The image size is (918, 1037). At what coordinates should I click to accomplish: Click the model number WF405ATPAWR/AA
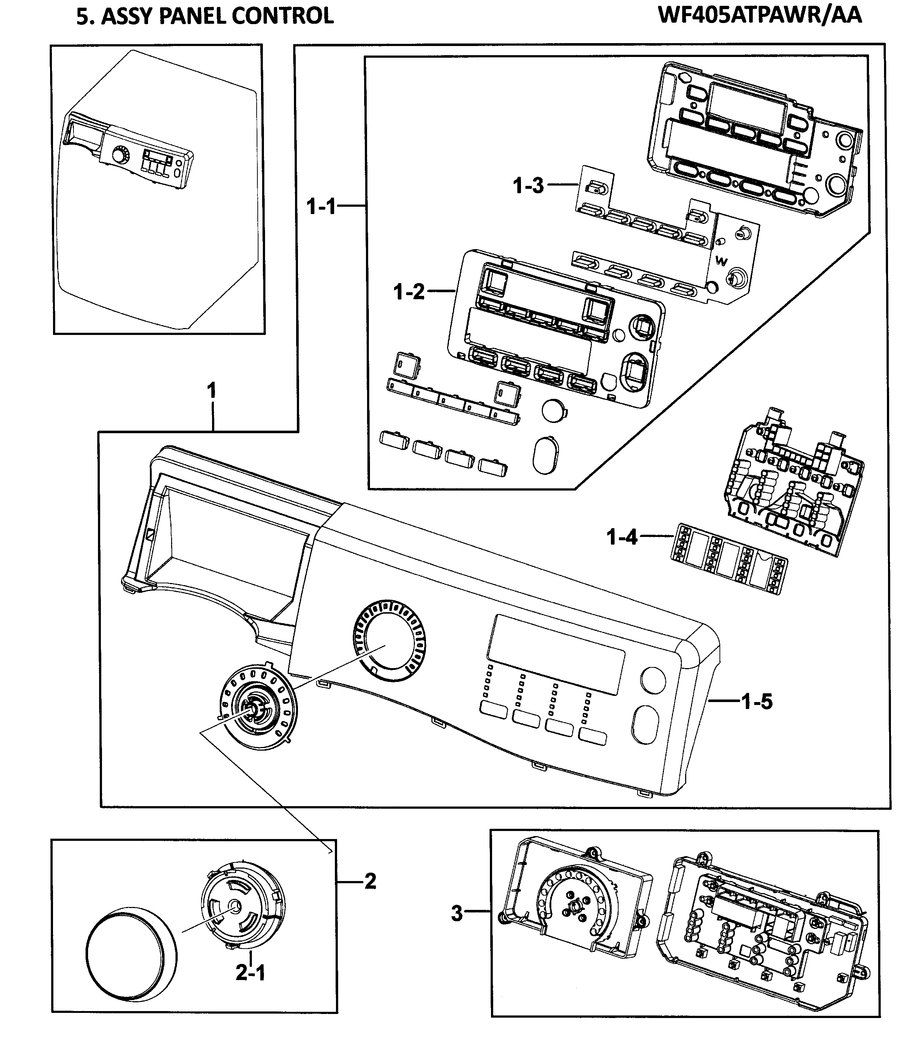[x=760, y=15]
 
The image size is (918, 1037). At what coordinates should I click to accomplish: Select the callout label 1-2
[x=409, y=292]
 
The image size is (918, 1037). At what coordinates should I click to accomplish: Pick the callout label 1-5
[x=756, y=702]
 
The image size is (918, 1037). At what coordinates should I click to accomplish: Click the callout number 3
[x=457, y=914]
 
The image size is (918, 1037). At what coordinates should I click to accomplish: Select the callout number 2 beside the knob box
[x=370, y=881]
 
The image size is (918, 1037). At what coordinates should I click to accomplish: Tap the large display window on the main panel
[x=556, y=655]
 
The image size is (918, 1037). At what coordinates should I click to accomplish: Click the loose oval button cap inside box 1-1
[x=545, y=454]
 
